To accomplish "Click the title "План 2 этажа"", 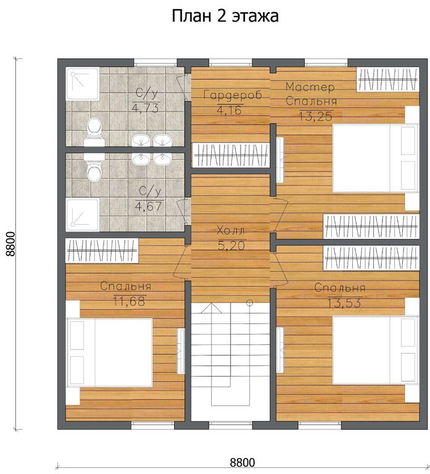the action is click(225, 16).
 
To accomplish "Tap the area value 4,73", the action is click(146, 107).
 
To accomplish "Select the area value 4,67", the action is click(149, 206).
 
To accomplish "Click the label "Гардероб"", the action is click(233, 95).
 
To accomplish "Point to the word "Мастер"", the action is click(310, 87).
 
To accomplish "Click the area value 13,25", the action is click(316, 116).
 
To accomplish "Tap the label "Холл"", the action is click(231, 231).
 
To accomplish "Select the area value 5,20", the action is click(231, 246).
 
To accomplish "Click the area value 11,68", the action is click(130, 301).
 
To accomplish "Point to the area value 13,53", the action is click(344, 302).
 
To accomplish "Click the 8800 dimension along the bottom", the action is click(242, 462).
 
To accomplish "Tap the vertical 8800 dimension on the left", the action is click(10, 244).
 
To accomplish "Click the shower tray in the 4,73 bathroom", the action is click(83, 84).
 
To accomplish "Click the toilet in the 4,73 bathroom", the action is click(94, 132).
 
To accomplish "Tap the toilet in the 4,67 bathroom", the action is click(94, 167).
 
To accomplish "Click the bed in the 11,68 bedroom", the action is click(109, 352).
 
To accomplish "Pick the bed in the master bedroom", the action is click(376, 158).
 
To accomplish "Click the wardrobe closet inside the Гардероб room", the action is click(231, 155).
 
